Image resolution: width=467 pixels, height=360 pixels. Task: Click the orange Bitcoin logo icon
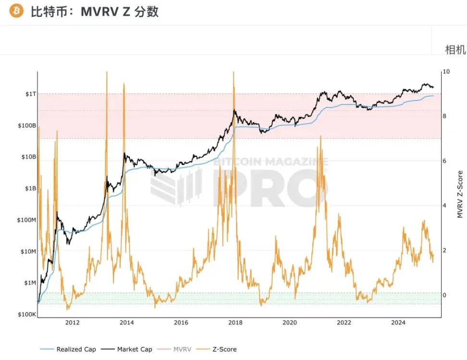[16, 11]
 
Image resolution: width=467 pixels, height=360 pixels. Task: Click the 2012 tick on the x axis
[73, 323]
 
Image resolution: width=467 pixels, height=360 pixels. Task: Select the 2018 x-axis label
[234, 323]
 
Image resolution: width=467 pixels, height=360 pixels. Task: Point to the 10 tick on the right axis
[446, 72]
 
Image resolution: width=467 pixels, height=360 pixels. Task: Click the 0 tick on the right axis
[444, 295]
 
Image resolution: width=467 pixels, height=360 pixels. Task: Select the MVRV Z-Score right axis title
[460, 194]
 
